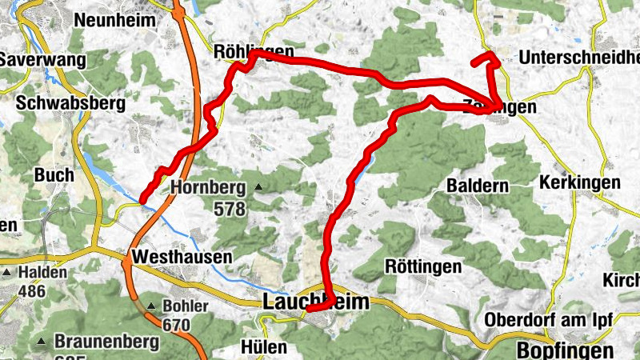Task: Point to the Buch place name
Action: click(54, 174)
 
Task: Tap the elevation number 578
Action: click(231, 207)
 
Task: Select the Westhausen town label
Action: click(183, 258)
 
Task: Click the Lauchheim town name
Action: click(317, 302)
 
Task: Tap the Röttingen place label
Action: click(423, 266)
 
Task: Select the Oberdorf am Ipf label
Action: click(549, 320)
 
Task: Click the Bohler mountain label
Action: click(185, 306)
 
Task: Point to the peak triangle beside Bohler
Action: click(151, 306)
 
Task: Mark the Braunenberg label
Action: click(106, 342)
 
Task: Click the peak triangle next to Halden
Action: click(6, 273)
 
